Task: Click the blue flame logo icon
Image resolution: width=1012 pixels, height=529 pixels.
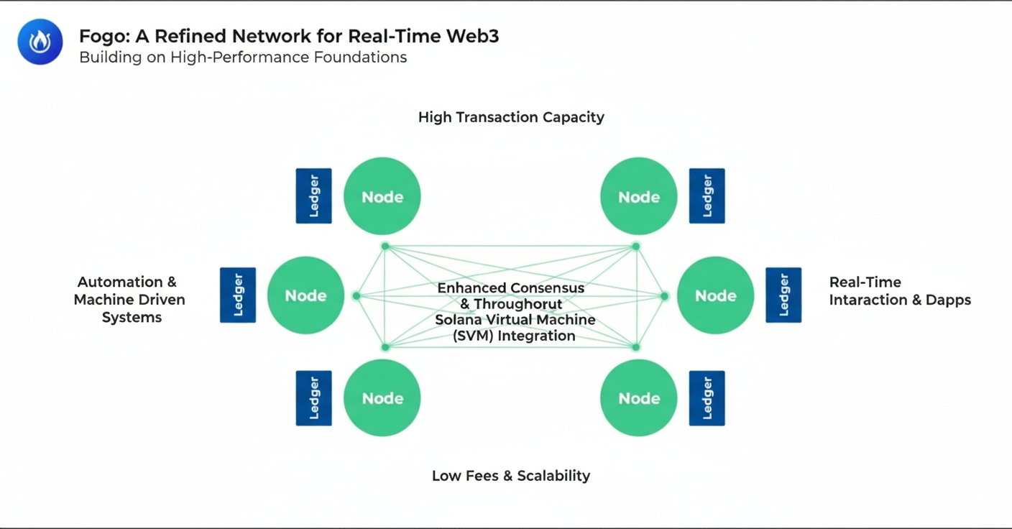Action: coord(40,42)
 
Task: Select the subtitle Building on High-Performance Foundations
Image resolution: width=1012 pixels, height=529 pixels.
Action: coord(243,57)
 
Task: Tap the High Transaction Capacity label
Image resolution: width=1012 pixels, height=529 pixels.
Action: coord(511,117)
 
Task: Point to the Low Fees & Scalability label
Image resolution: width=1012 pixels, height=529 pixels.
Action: coord(511,476)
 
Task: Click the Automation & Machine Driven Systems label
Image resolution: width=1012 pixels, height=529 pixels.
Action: coord(129,300)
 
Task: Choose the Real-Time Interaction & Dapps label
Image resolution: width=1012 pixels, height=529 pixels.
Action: coord(899,291)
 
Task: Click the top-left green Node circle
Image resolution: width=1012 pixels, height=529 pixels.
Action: coord(382,196)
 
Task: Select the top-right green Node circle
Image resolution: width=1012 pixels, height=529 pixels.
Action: coord(639,196)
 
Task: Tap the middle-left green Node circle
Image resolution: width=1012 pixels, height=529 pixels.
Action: coord(305,295)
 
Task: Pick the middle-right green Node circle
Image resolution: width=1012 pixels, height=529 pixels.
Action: coord(716,295)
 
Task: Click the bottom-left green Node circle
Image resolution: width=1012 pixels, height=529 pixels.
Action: coord(382,398)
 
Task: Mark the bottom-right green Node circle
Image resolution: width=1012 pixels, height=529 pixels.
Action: coord(639,398)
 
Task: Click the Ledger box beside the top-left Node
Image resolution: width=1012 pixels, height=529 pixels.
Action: coord(314,196)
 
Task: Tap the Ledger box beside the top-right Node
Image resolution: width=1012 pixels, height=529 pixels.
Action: coord(707,196)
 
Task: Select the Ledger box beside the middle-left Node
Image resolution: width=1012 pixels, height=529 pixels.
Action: coord(238,295)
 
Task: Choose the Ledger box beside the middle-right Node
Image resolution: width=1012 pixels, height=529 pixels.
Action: coord(783,295)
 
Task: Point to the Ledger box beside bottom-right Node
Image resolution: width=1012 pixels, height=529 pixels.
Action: coord(707,398)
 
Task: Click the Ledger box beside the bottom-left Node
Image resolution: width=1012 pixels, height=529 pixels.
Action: coord(314,398)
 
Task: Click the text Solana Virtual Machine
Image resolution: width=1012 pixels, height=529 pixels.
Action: coord(515,320)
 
